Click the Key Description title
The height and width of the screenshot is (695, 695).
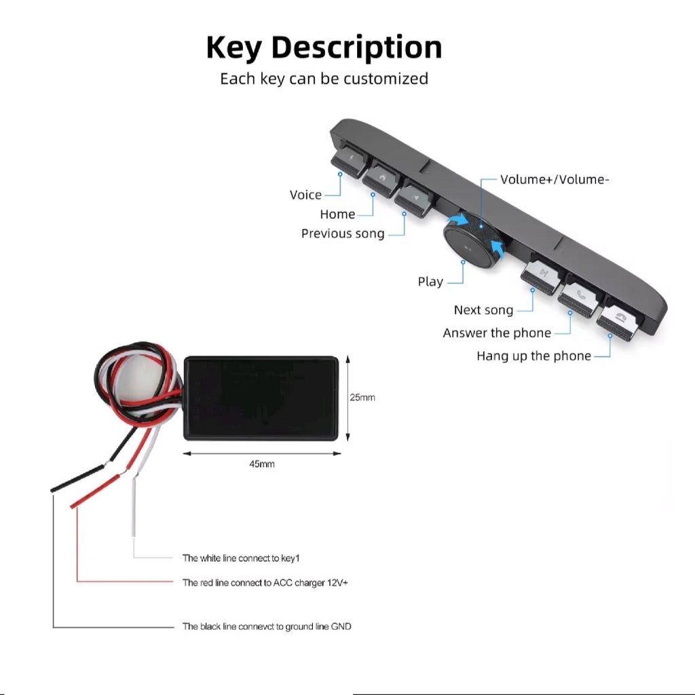pos(324,48)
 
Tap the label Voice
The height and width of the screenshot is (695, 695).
pos(305,195)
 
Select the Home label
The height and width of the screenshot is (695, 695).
pos(337,214)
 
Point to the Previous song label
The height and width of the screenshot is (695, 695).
pos(343,233)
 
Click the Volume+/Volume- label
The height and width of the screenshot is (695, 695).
pos(555,180)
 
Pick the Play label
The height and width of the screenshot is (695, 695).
pos(430,282)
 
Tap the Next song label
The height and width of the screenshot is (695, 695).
pos(483,310)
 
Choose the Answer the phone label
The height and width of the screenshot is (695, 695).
pos(497,333)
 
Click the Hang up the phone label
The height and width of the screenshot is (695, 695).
pos(533,356)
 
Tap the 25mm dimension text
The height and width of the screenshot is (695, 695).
pos(362,397)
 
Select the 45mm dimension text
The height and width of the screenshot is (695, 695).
pos(261,464)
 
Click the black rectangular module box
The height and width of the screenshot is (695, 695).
pos(261,397)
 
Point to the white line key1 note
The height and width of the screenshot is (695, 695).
pos(241,558)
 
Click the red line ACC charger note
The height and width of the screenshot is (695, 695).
pos(265,582)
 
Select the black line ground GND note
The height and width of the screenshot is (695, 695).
pos(267,626)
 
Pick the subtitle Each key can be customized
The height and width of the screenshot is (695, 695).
pos(324,79)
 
